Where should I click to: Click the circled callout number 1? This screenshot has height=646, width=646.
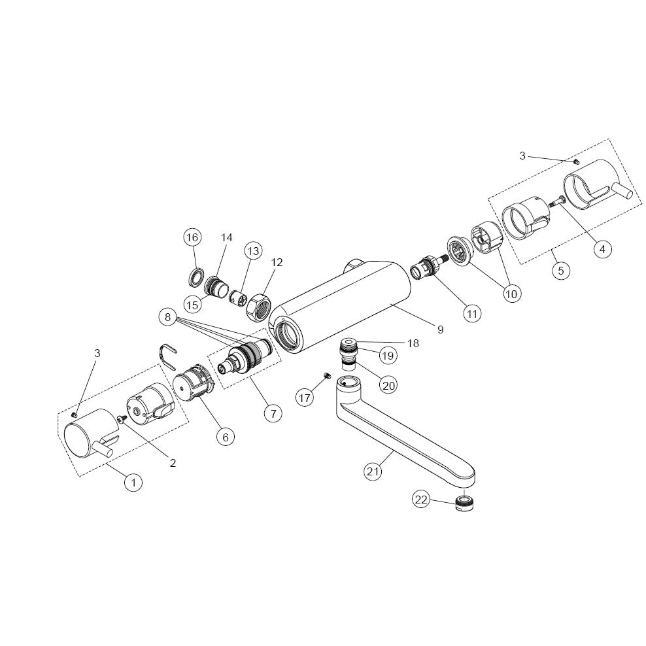pos(133,483)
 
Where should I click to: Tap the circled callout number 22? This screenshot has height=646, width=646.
pos(421,500)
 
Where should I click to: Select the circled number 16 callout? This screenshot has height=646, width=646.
pos(192,237)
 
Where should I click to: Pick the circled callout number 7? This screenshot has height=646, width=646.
pos(273,413)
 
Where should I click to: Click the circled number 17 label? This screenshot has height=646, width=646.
pos(305,397)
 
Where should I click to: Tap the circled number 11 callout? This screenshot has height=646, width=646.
pos(472,313)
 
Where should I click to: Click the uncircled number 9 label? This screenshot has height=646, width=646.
pos(440,330)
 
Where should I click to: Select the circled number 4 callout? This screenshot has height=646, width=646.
pos(602,248)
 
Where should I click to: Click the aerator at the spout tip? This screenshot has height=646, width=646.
pos(464,504)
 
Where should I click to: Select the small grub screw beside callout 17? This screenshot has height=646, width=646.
pos(324,375)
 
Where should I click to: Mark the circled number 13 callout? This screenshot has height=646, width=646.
pos(253,250)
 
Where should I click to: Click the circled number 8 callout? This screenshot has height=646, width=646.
pos(168,318)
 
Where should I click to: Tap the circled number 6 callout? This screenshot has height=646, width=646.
pos(225,436)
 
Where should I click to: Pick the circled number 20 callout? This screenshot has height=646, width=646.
pos(388,385)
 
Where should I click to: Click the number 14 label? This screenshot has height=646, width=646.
pos(226,237)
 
